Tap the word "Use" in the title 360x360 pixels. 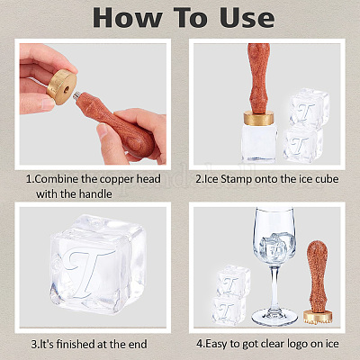tap(247, 17)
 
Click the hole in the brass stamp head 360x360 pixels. tap(67, 89)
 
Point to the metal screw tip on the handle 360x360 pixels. tap(76, 96)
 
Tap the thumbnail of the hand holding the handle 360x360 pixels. tap(102, 130)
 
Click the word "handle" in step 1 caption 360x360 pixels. tap(94, 193)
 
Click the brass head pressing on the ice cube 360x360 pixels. tap(258, 118)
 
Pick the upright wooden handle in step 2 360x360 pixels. tap(258, 78)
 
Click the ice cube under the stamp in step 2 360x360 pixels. tap(259, 142)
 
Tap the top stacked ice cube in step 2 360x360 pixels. tap(309, 109)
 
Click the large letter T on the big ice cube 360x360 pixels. tap(87, 272)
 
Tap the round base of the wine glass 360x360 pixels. tap(274, 318)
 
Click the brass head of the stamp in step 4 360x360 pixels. tap(318, 317)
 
